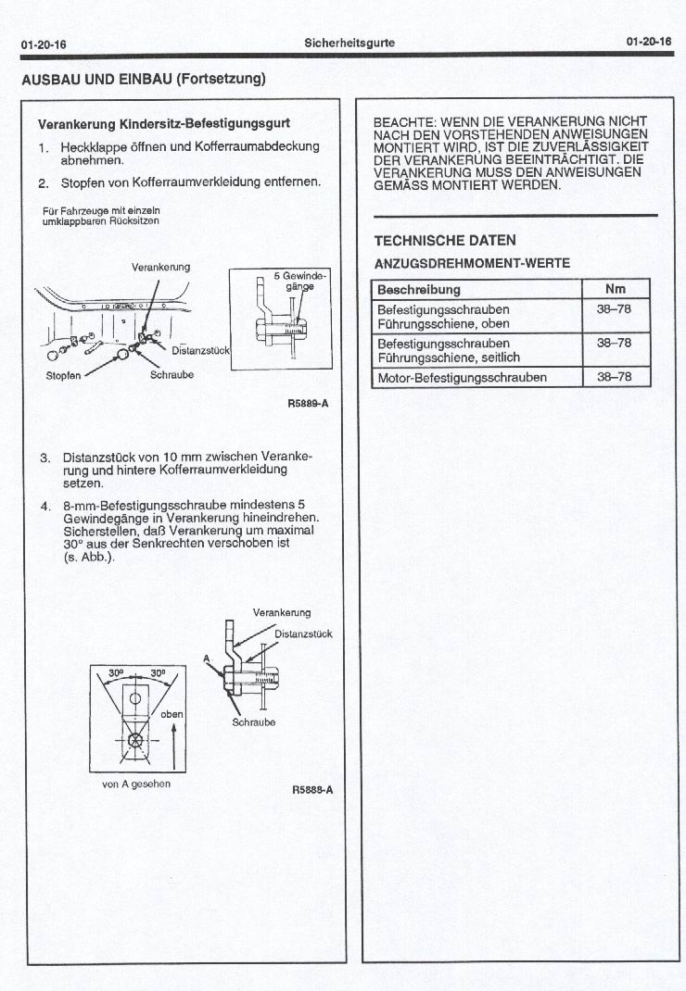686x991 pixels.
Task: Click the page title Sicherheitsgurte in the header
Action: pos(349,43)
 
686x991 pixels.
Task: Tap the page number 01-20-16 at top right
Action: pos(648,43)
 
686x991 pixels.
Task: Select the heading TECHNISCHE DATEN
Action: pos(444,241)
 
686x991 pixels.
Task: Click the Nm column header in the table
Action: pos(616,289)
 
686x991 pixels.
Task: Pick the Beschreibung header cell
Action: pos(419,290)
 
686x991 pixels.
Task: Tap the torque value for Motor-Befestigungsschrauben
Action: pos(615,377)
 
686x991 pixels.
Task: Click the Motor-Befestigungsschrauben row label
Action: pos(462,377)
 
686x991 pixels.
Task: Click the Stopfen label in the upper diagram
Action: pos(63,375)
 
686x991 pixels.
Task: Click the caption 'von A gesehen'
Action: pos(136,784)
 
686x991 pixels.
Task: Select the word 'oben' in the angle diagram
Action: pos(172,714)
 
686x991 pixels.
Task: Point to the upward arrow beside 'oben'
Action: pos(173,746)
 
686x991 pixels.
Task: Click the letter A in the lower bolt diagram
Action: pos(208,657)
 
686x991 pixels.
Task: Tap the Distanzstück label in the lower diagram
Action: pos(303,634)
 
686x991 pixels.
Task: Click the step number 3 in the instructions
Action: pos(44,458)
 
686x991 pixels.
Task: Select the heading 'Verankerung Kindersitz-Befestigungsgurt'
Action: pos(163,123)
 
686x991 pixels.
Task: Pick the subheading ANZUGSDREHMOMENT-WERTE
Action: pos(471,263)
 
